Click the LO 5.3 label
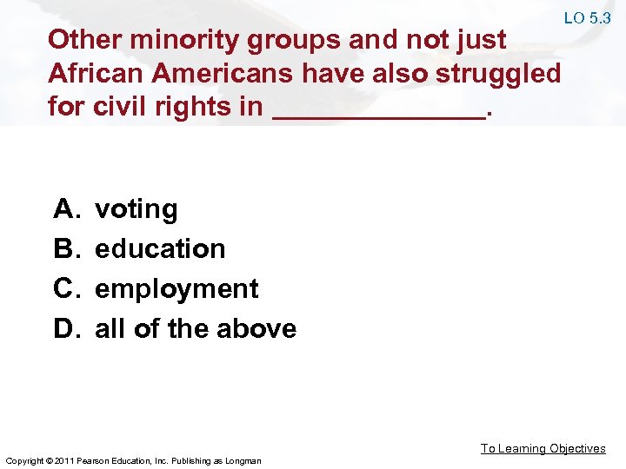click(587, 17)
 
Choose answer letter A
click(66, 209)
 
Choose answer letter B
click(66, 249)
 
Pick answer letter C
click(66, 289)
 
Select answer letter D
click(66, 329)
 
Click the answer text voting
click(137, 209)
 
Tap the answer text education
click(160, 249)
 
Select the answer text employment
click(176, 289)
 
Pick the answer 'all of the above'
click(196, 329)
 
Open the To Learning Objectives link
click(543, 448)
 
